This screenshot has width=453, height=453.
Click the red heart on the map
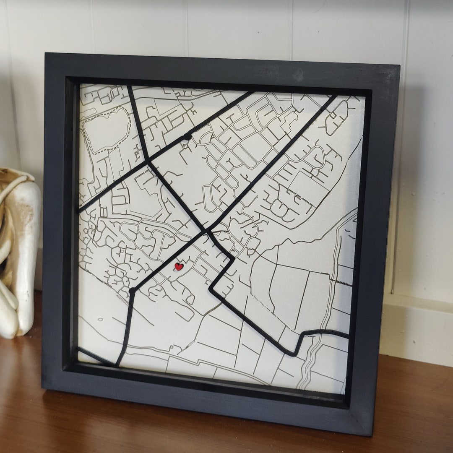179,267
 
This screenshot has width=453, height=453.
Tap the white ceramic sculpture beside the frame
19,252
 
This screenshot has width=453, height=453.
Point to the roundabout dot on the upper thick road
187,136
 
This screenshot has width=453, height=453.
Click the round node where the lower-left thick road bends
133,290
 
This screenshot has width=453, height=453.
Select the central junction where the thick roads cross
206,230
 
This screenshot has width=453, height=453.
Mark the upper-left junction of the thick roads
147,160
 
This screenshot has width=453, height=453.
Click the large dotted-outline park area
106,130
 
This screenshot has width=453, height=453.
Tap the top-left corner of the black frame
46,55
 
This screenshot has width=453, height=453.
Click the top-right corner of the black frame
398,66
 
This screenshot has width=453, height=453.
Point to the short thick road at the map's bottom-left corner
96,357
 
